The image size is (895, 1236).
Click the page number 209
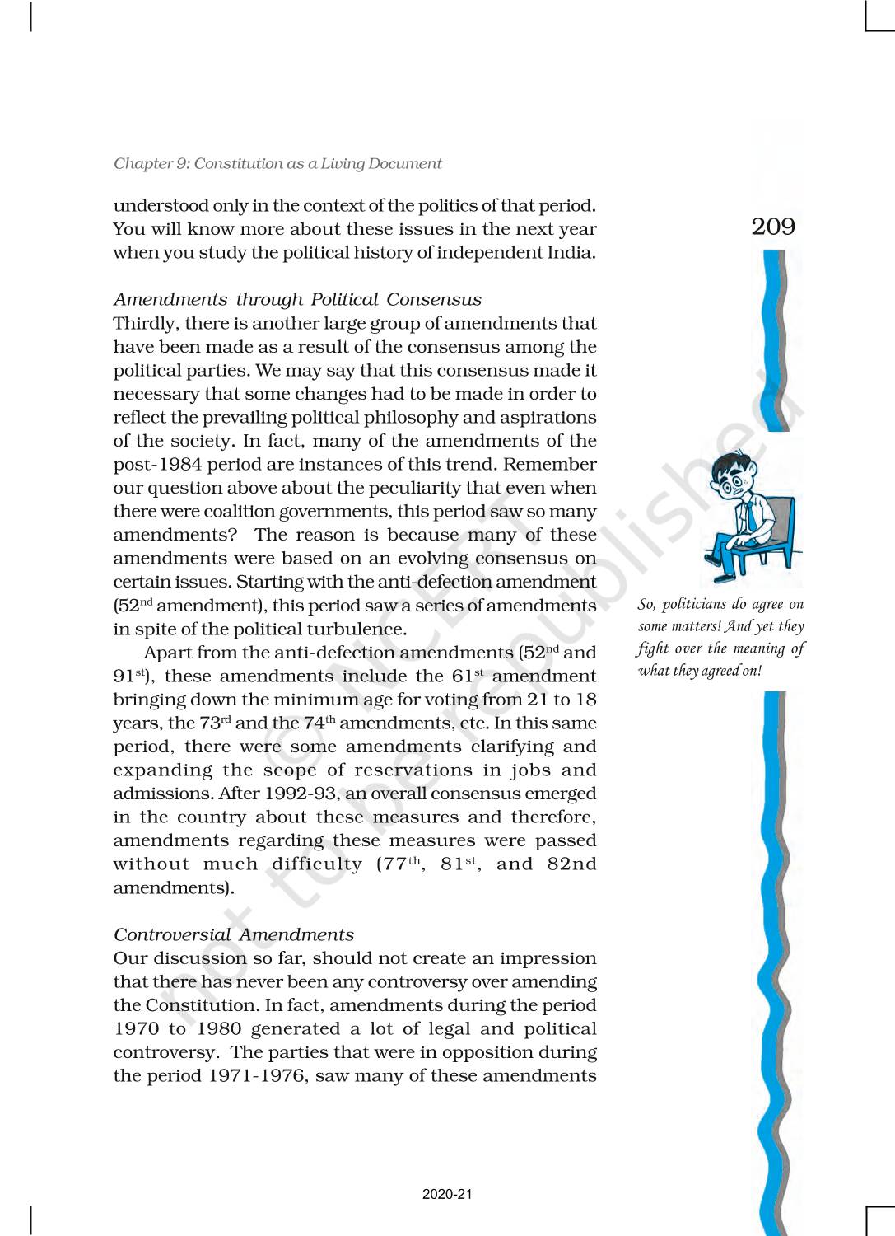click(x=773, y=227)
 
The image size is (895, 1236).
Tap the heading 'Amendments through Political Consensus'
click(x=297, y=300)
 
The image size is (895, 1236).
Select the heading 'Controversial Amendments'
click(x=234, y=935)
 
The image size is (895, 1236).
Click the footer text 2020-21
click(x=447, y=1195)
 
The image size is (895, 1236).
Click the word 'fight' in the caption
click(x=651, y=649)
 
